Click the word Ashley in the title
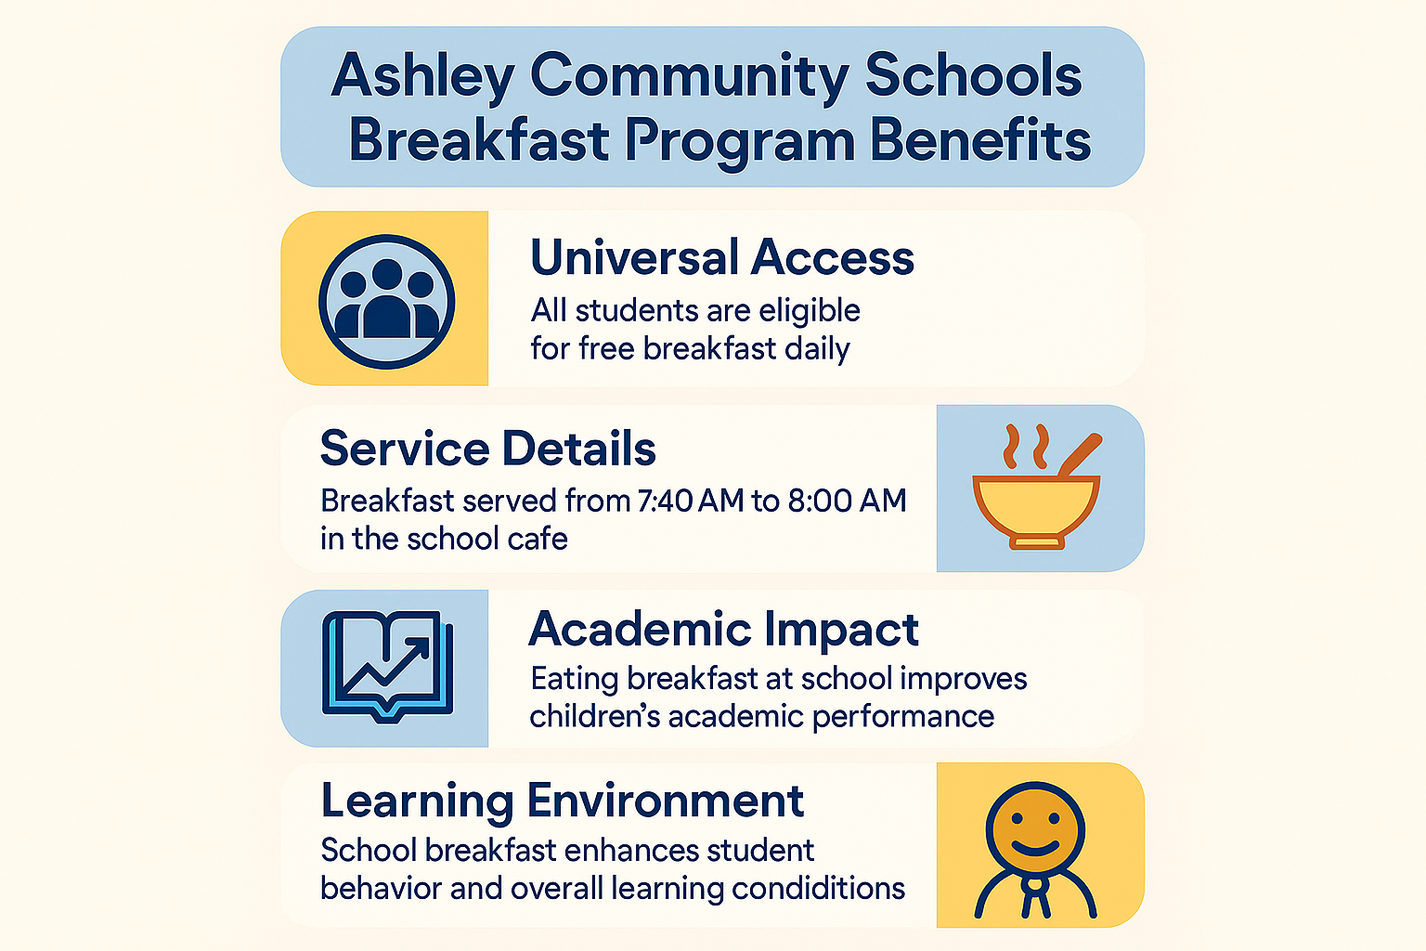(422, 76)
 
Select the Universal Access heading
(722, 257)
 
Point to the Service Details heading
(488, 449)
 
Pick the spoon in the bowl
(1080, 454)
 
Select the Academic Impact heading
(723, 630)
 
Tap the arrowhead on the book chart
(421, 645)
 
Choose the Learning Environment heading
(562, 801)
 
